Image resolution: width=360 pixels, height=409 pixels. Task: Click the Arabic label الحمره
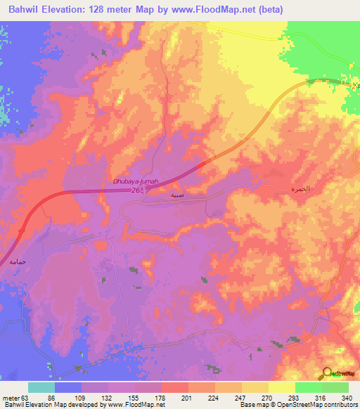tap(300, 190)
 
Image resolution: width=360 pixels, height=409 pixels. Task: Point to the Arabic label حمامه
tap(18, 261)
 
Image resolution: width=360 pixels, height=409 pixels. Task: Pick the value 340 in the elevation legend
tap(347, 397)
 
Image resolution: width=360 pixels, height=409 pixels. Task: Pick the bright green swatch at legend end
tap(335, 387)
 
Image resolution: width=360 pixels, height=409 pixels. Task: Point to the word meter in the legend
tap(12, 397)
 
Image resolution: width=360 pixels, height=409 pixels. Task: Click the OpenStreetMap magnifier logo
tap(328, 374)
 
